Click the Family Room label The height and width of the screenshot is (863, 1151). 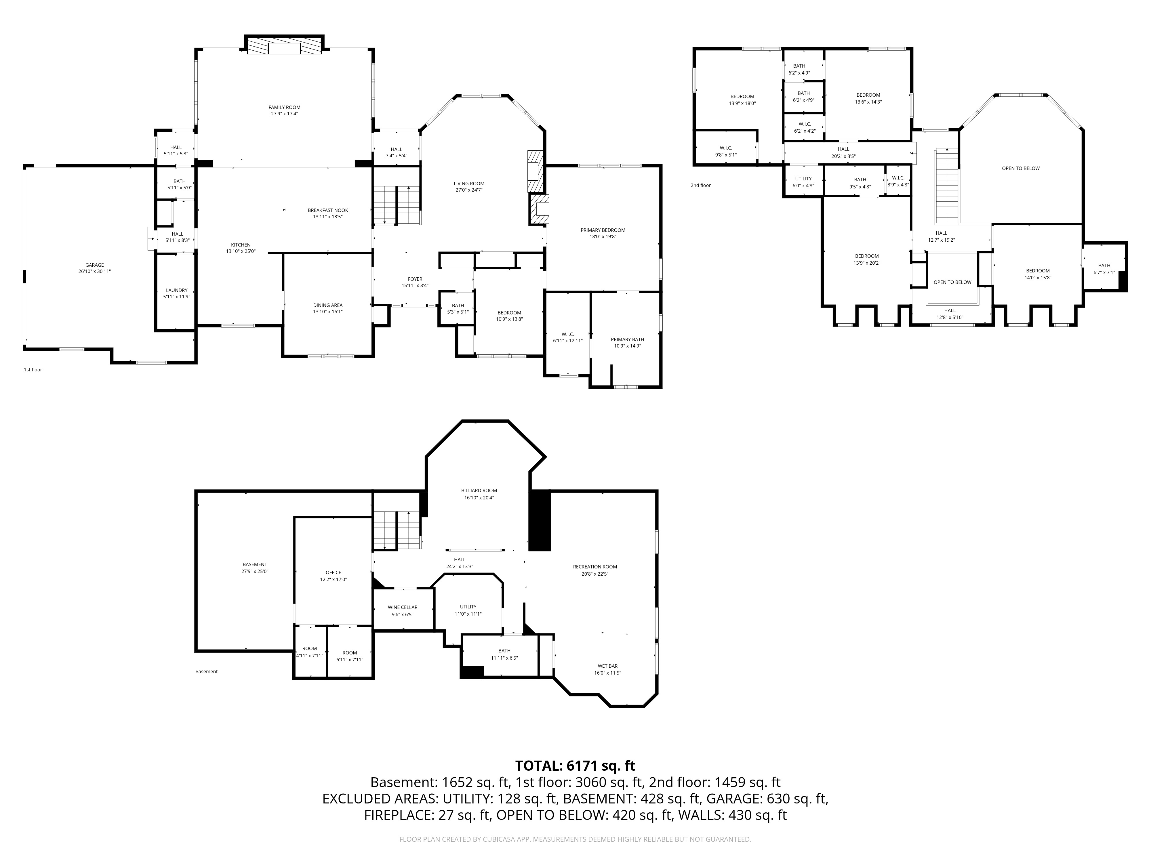click(x=285, y=108)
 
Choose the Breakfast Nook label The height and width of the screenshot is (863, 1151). click(x=328, y=211)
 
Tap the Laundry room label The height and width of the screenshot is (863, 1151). click(x=177, y=290)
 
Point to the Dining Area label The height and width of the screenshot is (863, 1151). click(x=328, y=305)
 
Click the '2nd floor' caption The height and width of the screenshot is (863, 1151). click(x=700, y=185)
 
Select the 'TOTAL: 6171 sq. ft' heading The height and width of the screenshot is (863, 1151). click(x=575, y=766)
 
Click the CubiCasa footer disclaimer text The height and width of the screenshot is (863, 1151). click(x=575, y=839)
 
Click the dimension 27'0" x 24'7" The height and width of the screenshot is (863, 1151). click(x=469, y=190)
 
